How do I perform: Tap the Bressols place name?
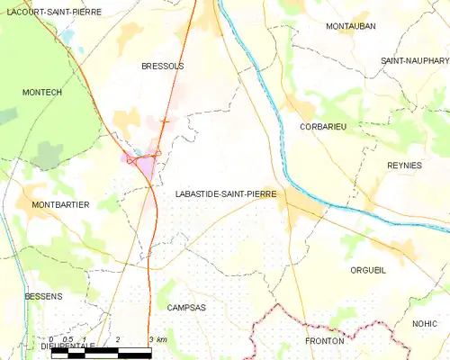pyautogui.click(x=162, y=67)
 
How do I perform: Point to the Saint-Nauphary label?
pyautogui.click(x=414, y=60)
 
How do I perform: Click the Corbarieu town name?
pyautogui.click(x=323, y=128)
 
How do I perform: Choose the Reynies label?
pyautogui.click(x=404, y=166)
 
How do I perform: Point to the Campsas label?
pyautogui.click(x=186, y=307)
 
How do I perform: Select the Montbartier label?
pyautogui.click(x=60, y=205)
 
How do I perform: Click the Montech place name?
pyautogui.click(x=42, y=93)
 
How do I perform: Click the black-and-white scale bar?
pyautogui.click(x=101, y=350)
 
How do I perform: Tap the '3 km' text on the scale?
pyautogui.click(x=157, y=338)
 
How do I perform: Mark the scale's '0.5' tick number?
pyautogui.click(x=67, y=338)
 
